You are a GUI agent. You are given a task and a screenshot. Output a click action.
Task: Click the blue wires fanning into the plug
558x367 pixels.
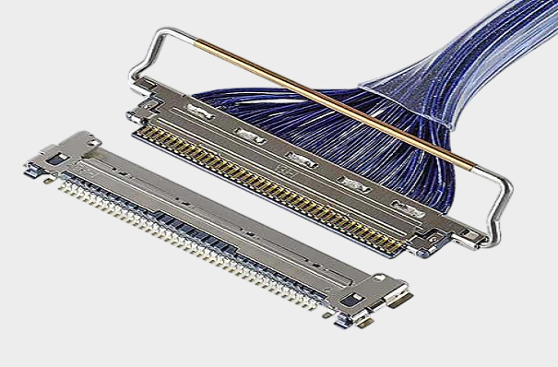point(304,129)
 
